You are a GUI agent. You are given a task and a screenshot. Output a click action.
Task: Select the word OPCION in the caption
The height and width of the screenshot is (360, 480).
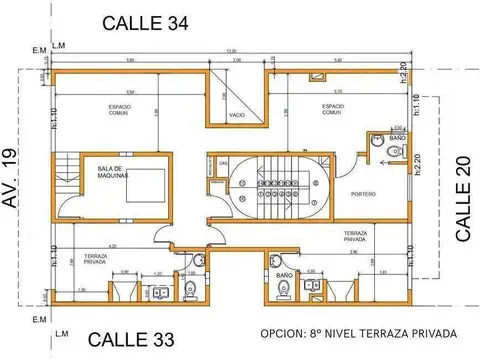(x=283, y=333)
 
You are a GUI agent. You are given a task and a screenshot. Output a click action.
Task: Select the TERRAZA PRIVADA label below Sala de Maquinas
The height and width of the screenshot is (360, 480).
(x=97, y=257)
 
